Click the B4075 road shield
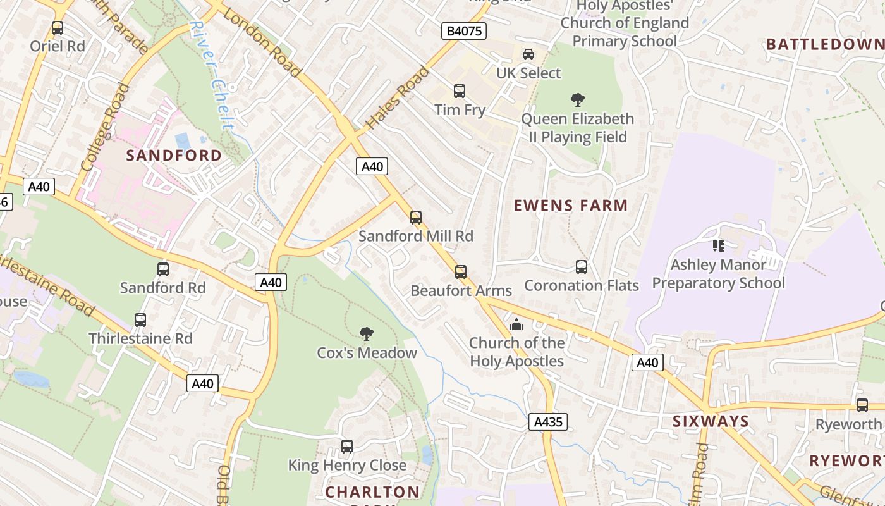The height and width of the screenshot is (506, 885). pos(464,31)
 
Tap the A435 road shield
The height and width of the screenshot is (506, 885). pos(547,422)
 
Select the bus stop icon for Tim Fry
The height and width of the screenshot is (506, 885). pos(460,91)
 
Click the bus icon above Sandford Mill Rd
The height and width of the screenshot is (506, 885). pos(415,218)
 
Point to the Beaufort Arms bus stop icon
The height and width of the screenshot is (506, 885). pos(461,272)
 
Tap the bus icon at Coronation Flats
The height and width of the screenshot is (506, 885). pos(582,267)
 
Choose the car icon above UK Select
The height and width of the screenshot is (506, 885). pos(528,54)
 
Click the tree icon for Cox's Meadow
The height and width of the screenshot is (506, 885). pos(366,333)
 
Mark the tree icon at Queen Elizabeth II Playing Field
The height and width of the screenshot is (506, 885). pos(577,99)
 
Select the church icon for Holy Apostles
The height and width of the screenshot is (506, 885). pos(516,324)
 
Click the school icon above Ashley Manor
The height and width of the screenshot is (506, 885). pos(718,245)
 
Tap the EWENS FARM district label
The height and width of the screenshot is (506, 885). pos(570,205)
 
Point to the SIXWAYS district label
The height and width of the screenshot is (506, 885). pos(711,421)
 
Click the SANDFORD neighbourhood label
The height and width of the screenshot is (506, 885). pos(174,155)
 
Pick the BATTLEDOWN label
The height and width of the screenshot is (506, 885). pos(824,44)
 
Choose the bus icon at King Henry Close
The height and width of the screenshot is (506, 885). pos(346,447)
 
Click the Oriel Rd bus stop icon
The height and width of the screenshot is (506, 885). pos(58,28)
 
